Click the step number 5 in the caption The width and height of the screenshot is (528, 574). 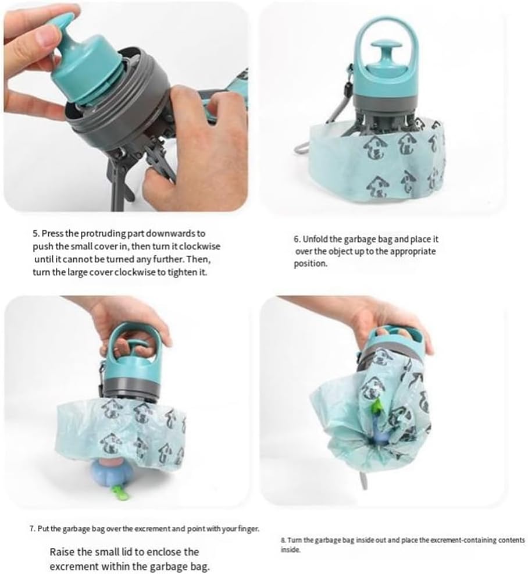(35, 233)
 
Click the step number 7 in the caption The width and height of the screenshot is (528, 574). (32, 529)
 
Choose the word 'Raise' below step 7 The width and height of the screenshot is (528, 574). (62, 552)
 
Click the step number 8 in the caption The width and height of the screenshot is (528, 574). (282, 540)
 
